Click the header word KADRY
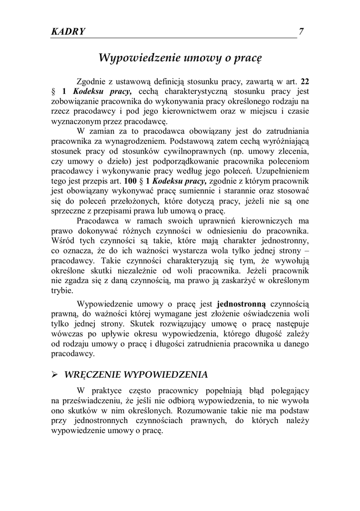[x=68, y=31]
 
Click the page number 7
[x=301, y=31]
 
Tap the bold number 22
[x=304, y=81]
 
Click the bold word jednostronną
[x=242, y=303]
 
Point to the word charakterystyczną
[x=193, y=91]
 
